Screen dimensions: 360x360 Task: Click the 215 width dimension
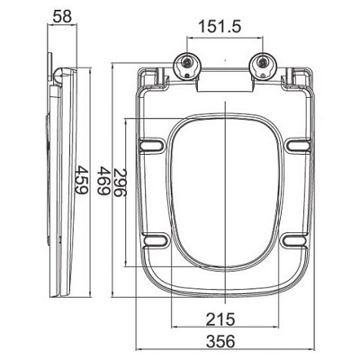(220, 319)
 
